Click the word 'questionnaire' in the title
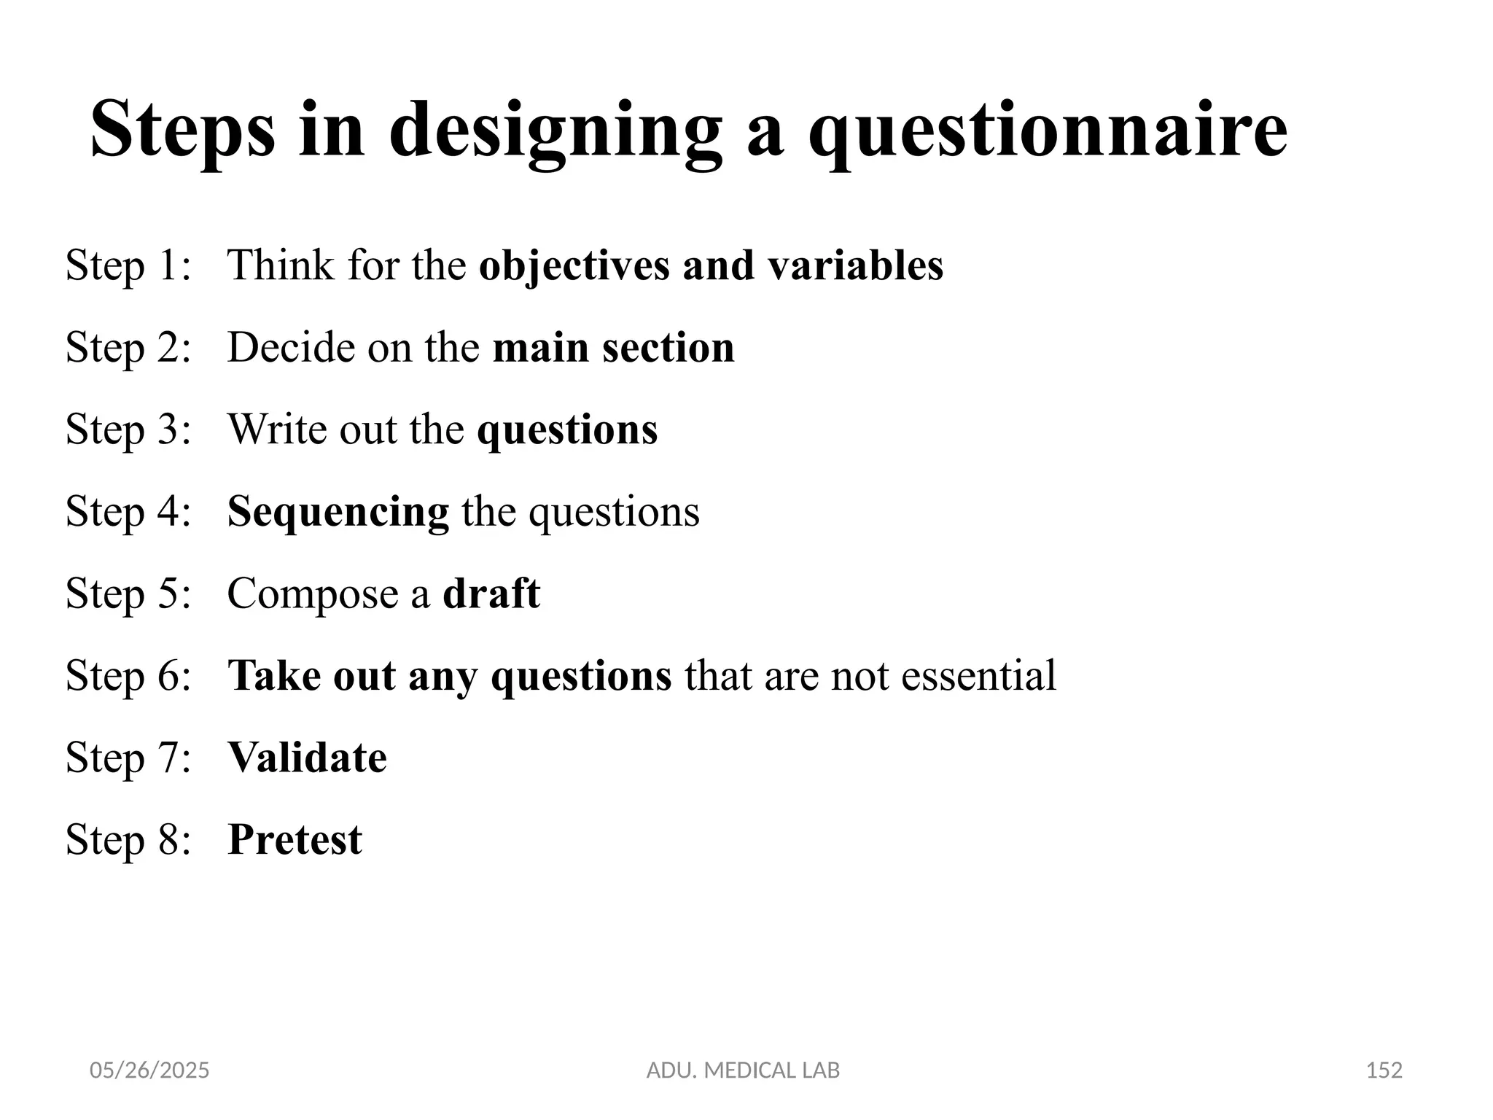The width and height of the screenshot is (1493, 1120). click(x=1048, y=131)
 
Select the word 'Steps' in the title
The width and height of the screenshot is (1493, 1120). click(x=182, y=131)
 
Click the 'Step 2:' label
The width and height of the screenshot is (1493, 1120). click(x=128, y=347)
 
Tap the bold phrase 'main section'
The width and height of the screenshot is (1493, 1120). click(x=614, y=347)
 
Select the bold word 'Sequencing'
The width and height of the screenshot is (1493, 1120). click(x=338, y=511)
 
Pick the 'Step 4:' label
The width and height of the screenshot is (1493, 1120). click(x=128, y=511)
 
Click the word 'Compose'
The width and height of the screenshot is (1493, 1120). click(x=313, y=594)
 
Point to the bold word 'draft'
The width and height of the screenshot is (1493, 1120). click(x=491, y=594)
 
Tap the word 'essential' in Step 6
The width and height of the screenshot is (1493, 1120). click(x=978, y=675)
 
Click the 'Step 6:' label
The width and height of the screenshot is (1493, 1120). click(x=128, y=675)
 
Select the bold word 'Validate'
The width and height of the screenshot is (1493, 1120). click(x=307, y=758)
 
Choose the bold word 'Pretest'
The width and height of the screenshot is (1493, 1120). click(x=295, y=839)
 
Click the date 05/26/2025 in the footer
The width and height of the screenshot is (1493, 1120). click(x=149, y=1070)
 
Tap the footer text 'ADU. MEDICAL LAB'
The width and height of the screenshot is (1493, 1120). click(x=743, y=1070)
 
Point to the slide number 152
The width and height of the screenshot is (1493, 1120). click(x=1384, y=1070)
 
